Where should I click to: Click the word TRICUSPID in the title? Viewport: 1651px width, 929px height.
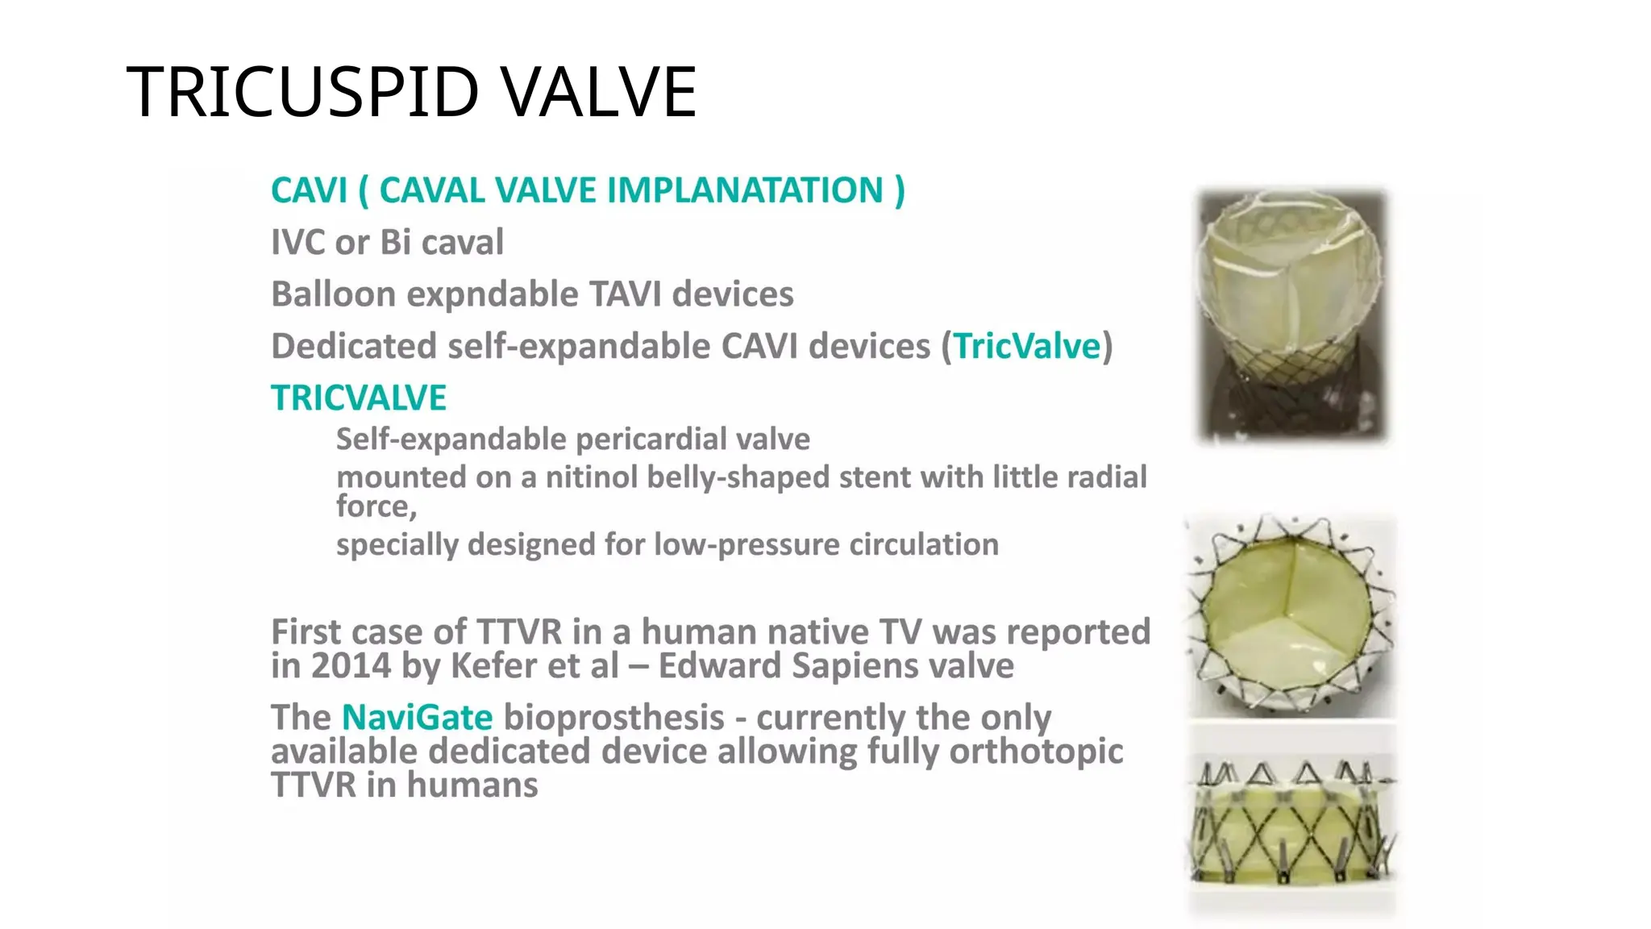[303, 92]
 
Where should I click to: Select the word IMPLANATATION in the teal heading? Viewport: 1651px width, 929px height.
[745, 191]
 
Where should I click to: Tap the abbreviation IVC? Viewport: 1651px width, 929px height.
[296, 243]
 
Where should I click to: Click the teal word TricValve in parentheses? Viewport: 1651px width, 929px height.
[1027, 347]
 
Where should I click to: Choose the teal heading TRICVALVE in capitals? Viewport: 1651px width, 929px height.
[358, 398]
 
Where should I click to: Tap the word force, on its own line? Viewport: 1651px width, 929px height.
[376, 507]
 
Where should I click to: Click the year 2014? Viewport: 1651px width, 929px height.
[351, 667]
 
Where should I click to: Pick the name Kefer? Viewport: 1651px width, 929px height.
[491, 667]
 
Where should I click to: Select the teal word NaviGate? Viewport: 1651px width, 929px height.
[417, 718]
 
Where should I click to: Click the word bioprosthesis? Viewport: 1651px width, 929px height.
[613, 718]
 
